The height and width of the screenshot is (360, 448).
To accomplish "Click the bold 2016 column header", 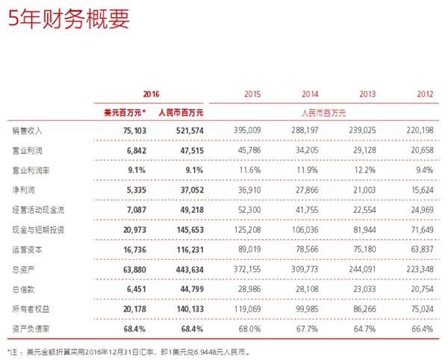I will tap(151, 95).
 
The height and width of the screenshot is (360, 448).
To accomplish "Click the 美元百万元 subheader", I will tap(124, 112).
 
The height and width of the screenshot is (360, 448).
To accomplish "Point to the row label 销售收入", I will tap(25, 129).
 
